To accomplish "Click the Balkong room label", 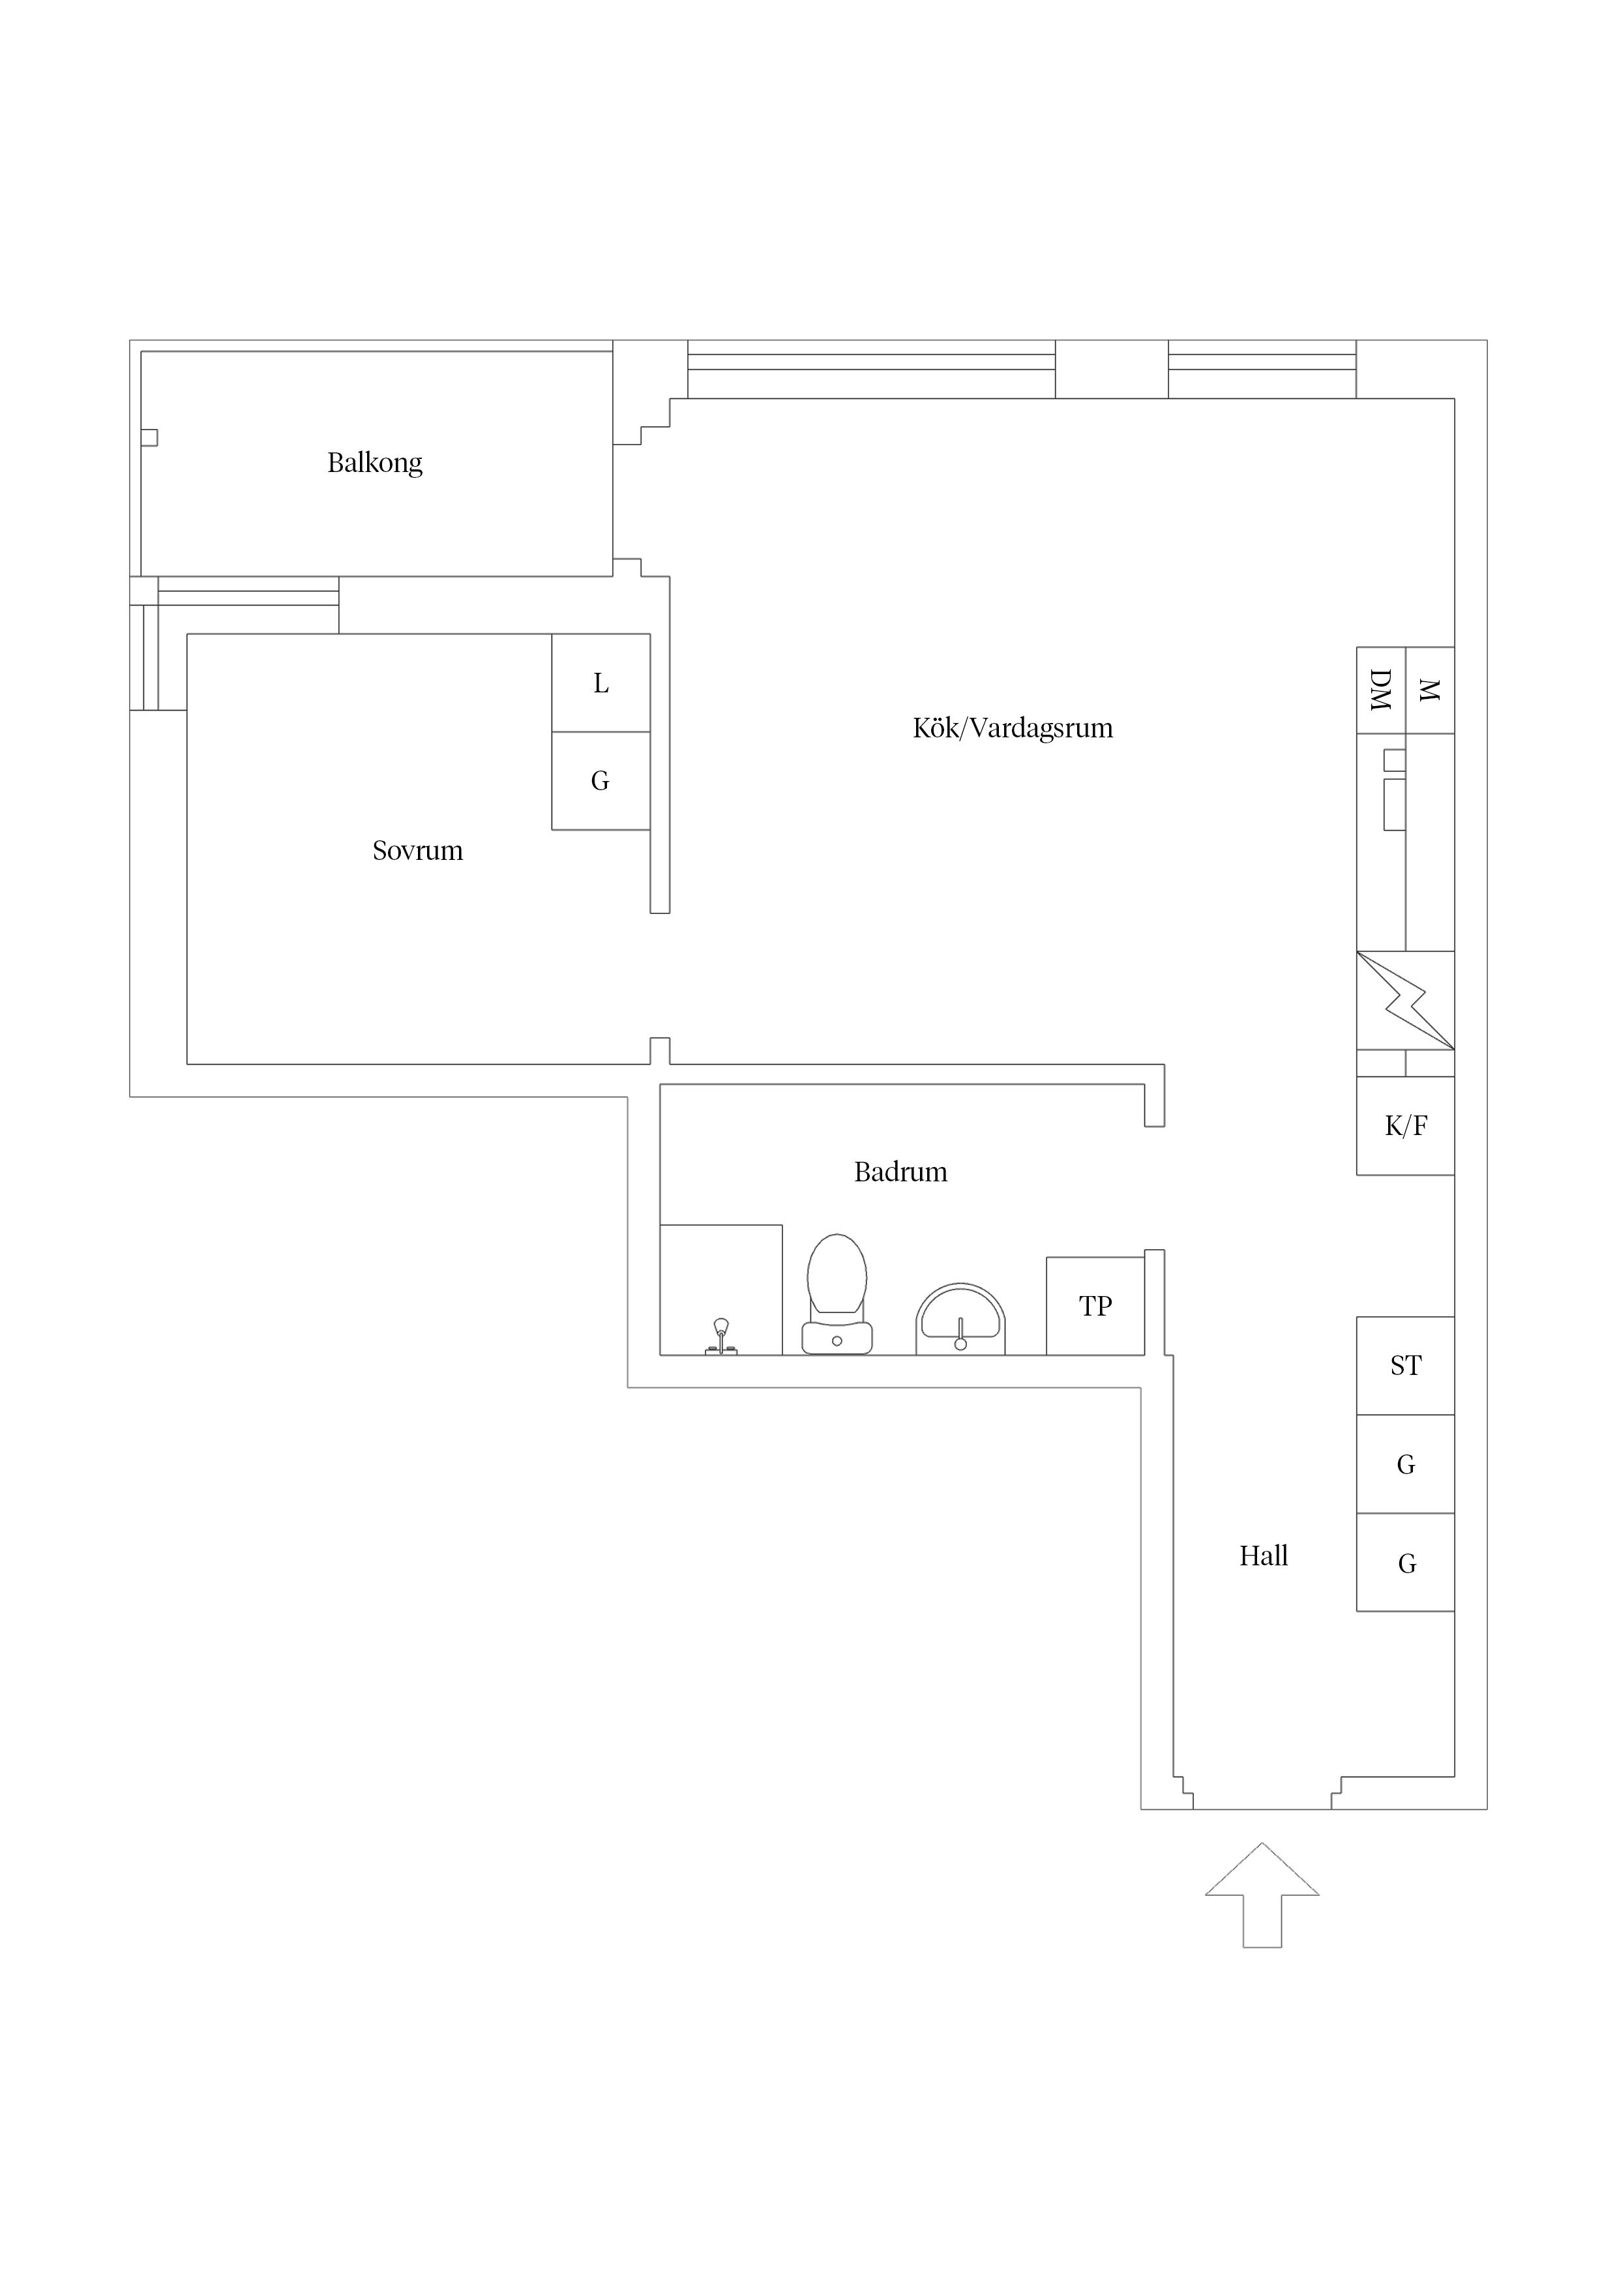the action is (x=375, y=463).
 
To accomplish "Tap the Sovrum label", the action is (x=417, y=851).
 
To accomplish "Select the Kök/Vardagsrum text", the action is (x=1012, y=728).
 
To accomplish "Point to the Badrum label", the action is (x=900, y=1172).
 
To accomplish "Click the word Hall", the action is (x=1264, y=1556).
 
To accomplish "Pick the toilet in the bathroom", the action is (x=837, y=1294).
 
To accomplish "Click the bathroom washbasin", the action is (x=960, y=1319).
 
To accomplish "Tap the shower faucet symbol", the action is (x=721, y=1336).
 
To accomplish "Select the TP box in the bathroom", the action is (x=1095, y=1306).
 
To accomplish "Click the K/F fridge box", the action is (x=1405, y=1125).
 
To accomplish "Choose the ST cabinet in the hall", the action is (x=1405, y=1366).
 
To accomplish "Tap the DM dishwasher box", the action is (x=1381, y=690).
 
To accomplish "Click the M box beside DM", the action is (x=1430, y=690).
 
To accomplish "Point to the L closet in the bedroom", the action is (x=601, y=683).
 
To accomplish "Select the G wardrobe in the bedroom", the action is (x=601, y=781).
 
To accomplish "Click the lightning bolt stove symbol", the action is (x=1405, y=1000).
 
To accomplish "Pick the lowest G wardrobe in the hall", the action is (x=1405, y=1562).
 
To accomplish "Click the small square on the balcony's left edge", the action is (x=149, y=437).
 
